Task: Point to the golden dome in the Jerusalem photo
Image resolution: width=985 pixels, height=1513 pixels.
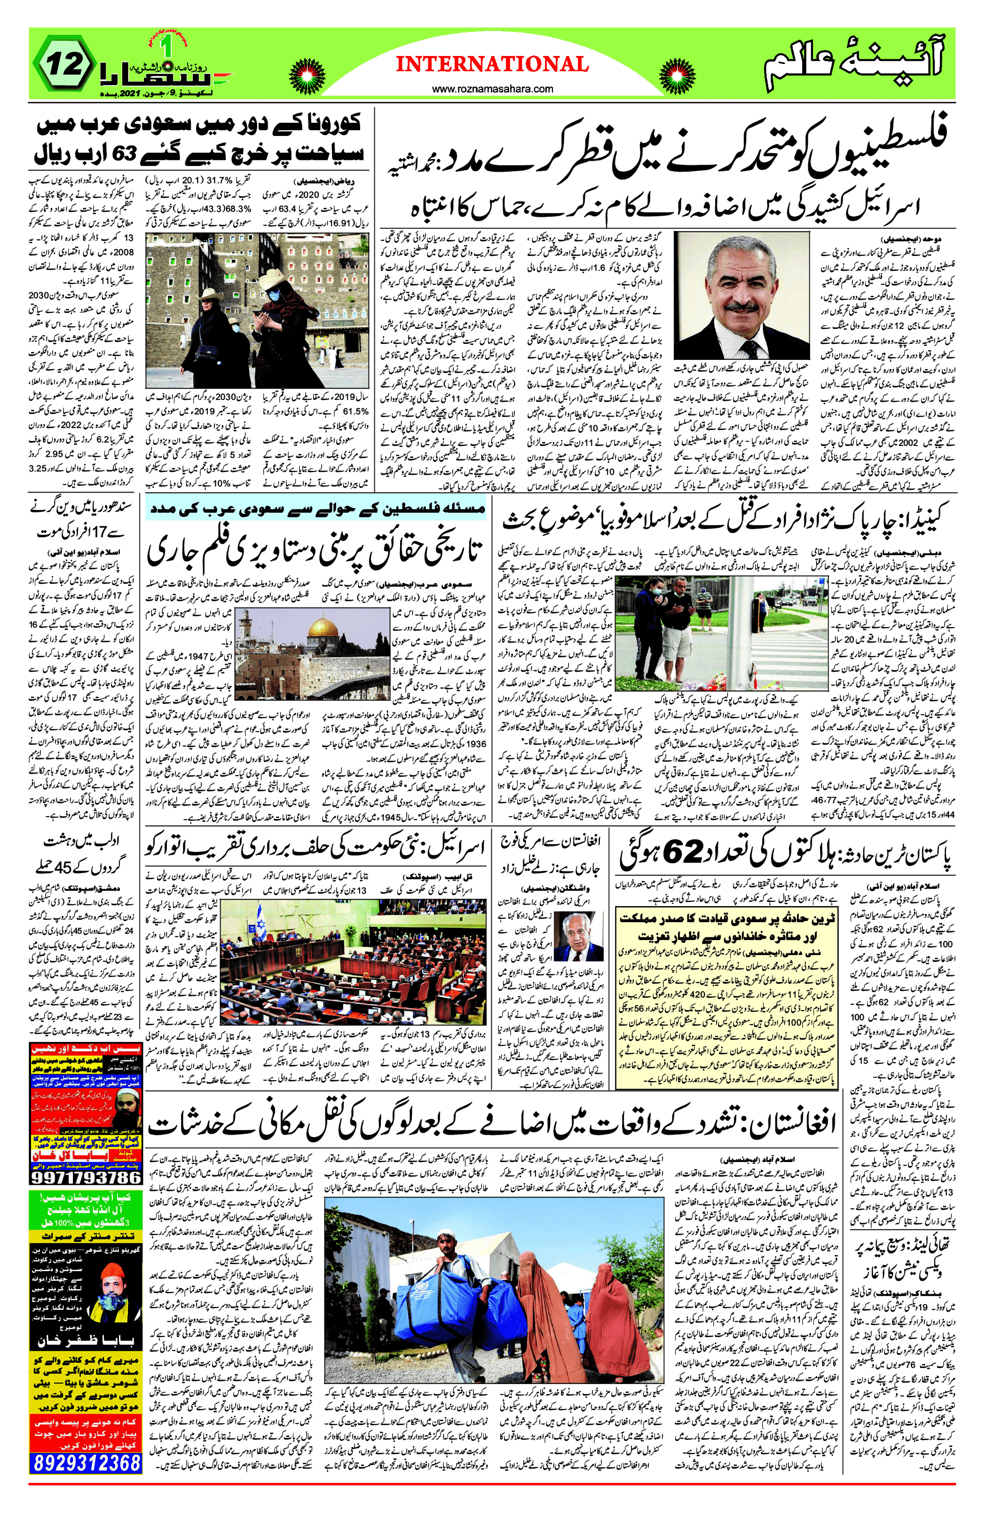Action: pyautogui.click(x=325, y=629)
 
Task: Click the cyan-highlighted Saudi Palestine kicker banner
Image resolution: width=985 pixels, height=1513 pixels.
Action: pyautogui.click(x=316, y=509)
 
